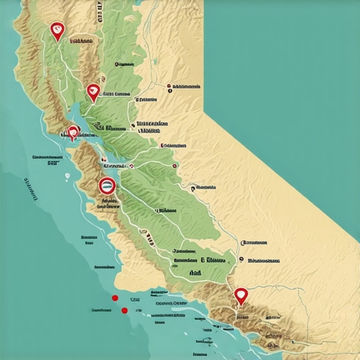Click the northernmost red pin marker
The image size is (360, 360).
point(58,30)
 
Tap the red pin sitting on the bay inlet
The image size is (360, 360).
point(73,131)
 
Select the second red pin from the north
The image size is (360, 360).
point(93,91)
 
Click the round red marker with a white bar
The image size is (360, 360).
point(107,186)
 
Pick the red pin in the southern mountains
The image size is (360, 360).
point(241,295)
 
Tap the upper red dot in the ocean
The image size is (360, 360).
point(115,297)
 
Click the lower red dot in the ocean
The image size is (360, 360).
point(124,310)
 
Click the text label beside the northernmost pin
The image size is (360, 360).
point(80,41)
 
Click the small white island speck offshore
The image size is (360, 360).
point(67,176)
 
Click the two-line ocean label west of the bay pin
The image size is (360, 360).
point(46,160)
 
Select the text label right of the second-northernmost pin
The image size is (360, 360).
point(116,93)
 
